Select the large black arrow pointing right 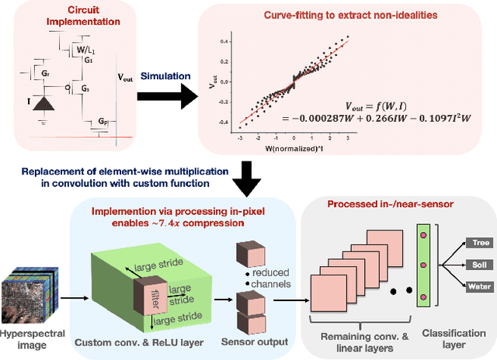pyautogui.click(x=166, y=98)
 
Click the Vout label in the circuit pyautogui.click(x=125, y=78)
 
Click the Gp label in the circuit pyautogui.click(x=104, y=123)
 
